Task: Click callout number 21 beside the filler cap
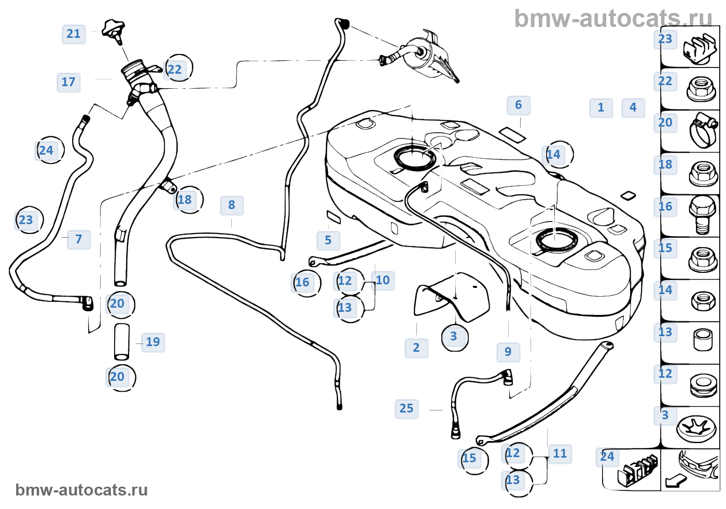pyautogui.click(x=74, y=34)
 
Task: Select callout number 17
pyautogui.click(x=68, y=82)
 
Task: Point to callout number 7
pyautogui.click(x=79, y=239)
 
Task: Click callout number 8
pyautogui.click(x=232, y=205)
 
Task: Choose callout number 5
pyautogui.click(x=328, y=240)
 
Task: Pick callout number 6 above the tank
pyautogui.click(x=519, y=105)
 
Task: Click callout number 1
pyautogui.click(x=601, y=108)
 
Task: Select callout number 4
pyautogui.click(x=633, y=107)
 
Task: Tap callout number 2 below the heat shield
pyautogui.click(x=416, y=348)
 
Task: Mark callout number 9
pyautogui.click(x=508, y=352)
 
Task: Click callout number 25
pyautogui.click(x=407, y=409)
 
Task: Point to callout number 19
pyautogui.click(x=153, y=342)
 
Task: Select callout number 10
pyautogui.click(x=383, y=280)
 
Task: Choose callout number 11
pyautogui.click(x=560, y=454)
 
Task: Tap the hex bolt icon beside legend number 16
pyautogui.click(x=702, y=215)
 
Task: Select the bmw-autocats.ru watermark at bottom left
pyautogui.click(x=81, y=490)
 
